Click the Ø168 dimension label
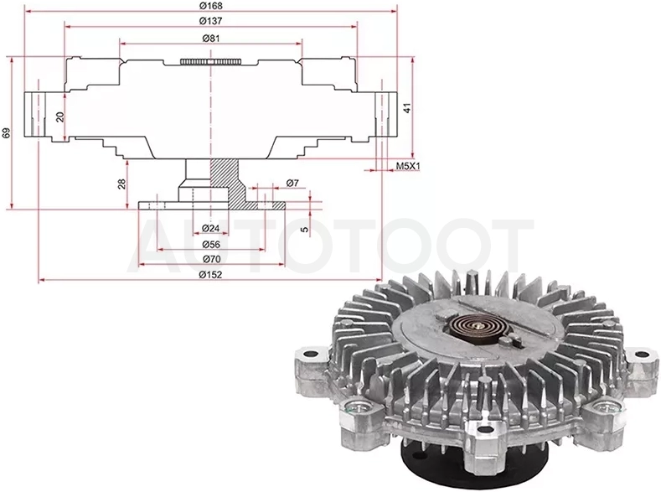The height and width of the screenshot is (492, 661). tap(211, 6)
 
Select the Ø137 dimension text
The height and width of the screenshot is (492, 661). tap(211, 21)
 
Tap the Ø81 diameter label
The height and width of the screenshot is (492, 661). tap(211, 38)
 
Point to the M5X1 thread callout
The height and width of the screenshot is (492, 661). tap(408, 166)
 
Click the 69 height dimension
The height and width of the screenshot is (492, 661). tap(7, 132)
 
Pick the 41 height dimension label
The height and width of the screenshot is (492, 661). tap(407, 108)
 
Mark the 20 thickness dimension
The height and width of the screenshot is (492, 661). tap(60, 117)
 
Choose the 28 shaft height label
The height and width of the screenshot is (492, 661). tap(121, 184)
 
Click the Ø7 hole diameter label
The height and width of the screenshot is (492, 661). tap(292, 183)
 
